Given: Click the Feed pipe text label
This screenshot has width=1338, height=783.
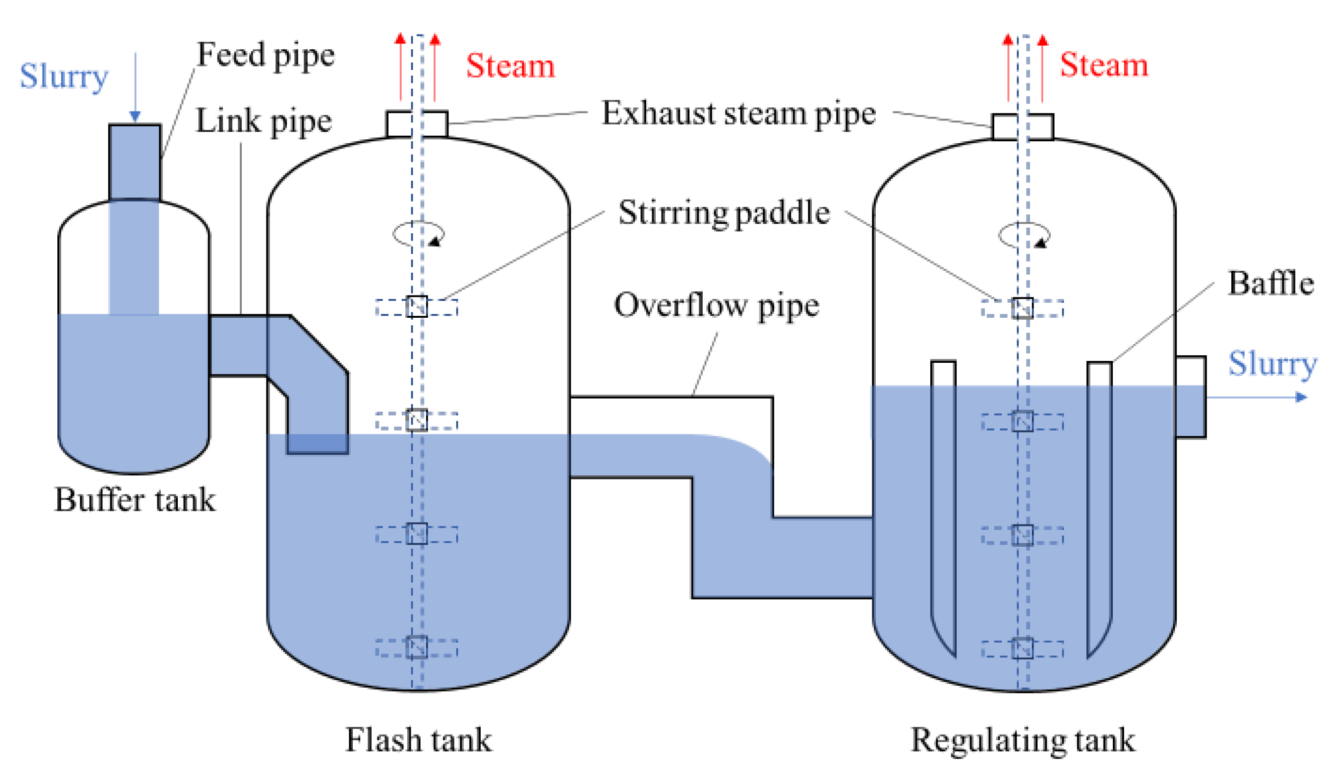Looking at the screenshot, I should pyautogui.click(x=266, y=55).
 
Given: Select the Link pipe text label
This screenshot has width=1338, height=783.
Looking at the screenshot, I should pyautogui.click(x=264, y=121).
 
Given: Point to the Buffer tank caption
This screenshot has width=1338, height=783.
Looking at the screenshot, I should pyautogui.click(x=135, y=500).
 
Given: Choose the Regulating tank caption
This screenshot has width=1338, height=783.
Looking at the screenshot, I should pyautogui.click(x=1022, y=739).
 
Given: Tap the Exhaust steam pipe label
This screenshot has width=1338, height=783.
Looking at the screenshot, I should pyautogui.click(x=739, y=113).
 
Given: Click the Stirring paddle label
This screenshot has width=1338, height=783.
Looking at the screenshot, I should pyautogui.click(x=724, y=212).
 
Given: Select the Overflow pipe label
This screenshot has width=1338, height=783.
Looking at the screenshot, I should pyautogui.click(x=716, y=305).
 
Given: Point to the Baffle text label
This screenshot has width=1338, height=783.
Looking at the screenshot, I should pyautogui.click(x=1271, y=283).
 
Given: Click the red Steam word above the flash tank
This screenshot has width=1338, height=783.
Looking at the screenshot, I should pyautogui.click(x=510, y=66).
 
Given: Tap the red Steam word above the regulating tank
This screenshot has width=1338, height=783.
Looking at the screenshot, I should pyautogui.click(x=1104, y=65).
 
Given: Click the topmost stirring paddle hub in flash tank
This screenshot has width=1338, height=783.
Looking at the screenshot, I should pyautogui.click(x=417, y=306).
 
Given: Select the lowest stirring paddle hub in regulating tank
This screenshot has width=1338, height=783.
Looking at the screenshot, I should pyautogui.click(x=1022, y=648).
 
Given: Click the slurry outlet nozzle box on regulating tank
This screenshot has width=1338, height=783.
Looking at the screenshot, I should pyautogui.click(x=1191, y=397).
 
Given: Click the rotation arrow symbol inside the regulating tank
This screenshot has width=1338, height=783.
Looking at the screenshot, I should pyautogui.click(x=1024, y=235).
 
